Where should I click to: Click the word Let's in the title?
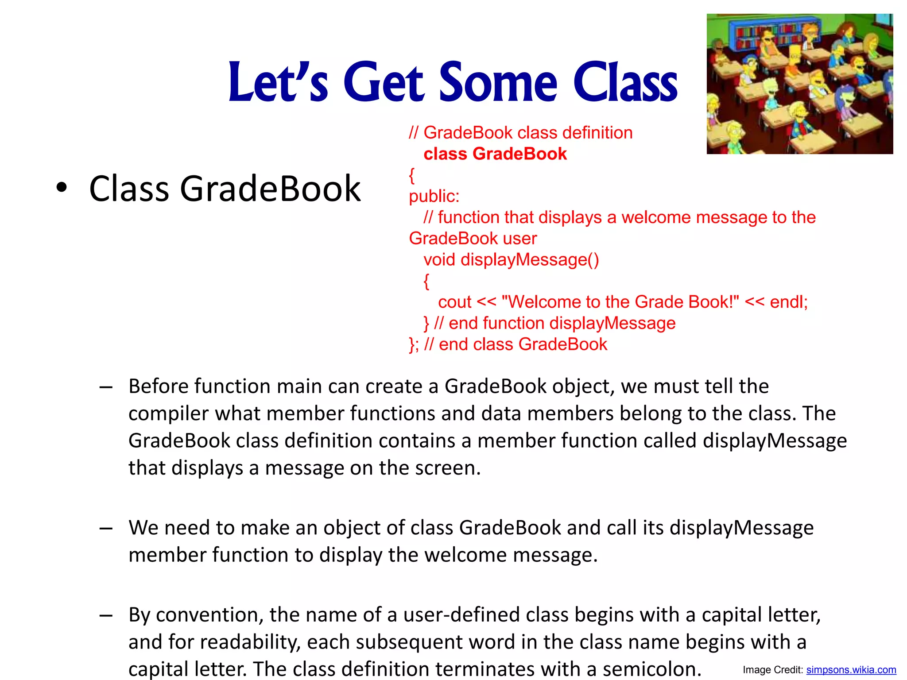[x=278, y=82]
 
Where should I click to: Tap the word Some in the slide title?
[x=498, y=82]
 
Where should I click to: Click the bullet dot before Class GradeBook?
[x=62, y=188]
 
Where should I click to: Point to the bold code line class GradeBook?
[x=495, y=154]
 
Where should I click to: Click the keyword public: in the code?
[x=434, y=196]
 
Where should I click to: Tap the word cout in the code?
[x=455, y=302]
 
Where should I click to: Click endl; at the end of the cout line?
[x=788, y=302]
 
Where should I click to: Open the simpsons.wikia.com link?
[x=851, y=670]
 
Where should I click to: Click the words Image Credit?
[x=773, y=670]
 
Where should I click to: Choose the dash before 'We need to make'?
[x=106, y=528]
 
